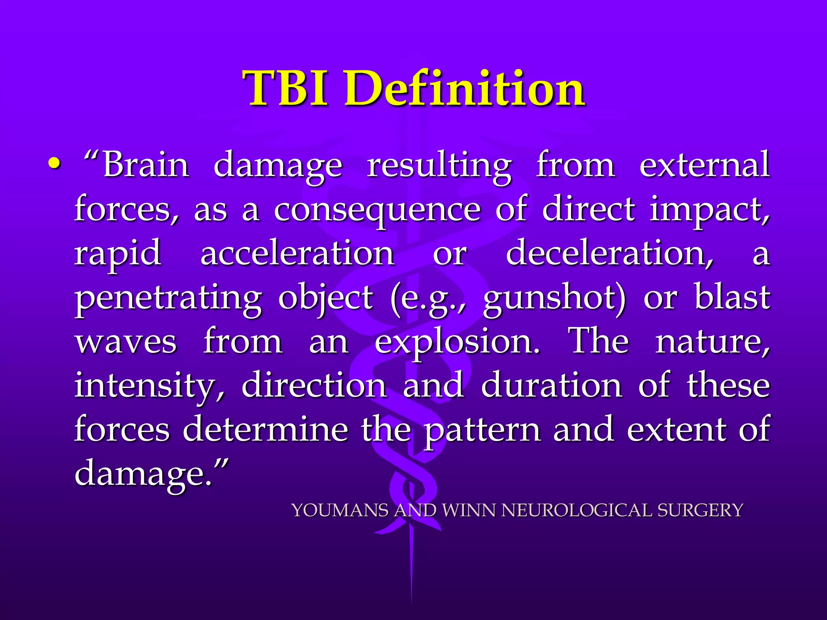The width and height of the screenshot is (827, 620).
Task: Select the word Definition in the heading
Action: coord(464,88)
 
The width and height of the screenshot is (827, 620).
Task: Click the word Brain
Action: coord(146,165)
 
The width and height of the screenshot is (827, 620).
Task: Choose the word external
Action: coord(704,165)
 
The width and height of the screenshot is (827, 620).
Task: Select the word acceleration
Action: coord(297,253)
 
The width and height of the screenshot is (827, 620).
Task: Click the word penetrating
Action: coord(168,299)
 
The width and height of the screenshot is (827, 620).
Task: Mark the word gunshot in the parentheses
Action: coord(554,299)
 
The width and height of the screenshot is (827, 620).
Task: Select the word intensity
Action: coord(149,386)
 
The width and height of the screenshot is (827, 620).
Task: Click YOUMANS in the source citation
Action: coord(340,510)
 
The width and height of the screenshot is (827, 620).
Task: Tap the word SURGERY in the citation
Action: coord(700,510)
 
